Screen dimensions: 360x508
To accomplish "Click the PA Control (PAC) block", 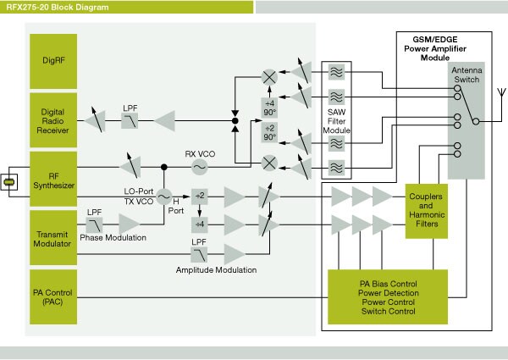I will coord(58,299).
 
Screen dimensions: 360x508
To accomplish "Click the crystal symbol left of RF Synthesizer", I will coord(9,182).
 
